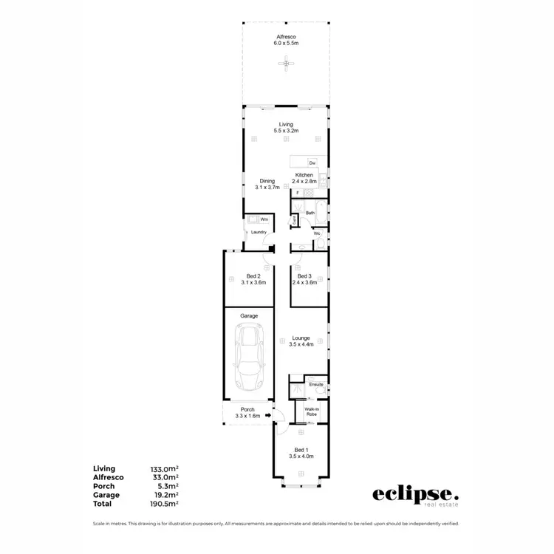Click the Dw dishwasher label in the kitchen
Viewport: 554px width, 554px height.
click(x=312, y=163)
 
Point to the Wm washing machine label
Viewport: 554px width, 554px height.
click(x=263, y=219)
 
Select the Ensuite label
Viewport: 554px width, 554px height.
click(x=316, y=384)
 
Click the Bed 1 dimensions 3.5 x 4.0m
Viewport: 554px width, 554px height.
click(x=301, y=456)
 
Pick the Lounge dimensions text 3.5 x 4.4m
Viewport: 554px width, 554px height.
click(x=301, y=344)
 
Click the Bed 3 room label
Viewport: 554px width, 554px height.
click(x=304, y=276)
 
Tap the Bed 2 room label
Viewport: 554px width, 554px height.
click(x=253, y=276)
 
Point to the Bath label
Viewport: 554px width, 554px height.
click(x=310, y=213)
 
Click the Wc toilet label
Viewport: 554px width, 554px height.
click(x=316, y=233)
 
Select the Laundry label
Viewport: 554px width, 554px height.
click(x=258, y=233)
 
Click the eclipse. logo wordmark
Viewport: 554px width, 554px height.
click(x=414, y=493)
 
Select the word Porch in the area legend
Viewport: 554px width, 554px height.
click(x=103, y=486)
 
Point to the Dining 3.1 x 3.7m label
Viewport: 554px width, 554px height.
click(x=267, y=184)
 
